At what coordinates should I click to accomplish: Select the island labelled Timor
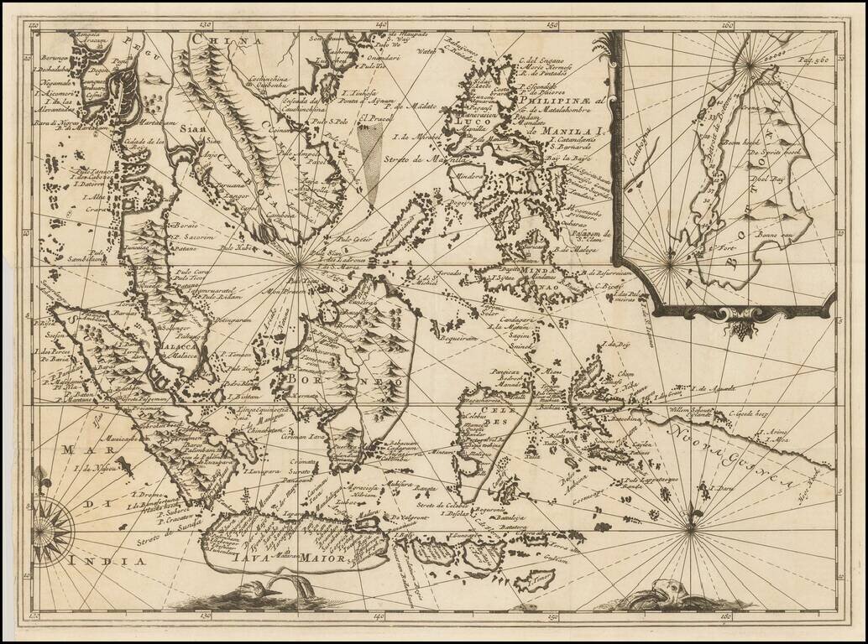coord(533,579)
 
